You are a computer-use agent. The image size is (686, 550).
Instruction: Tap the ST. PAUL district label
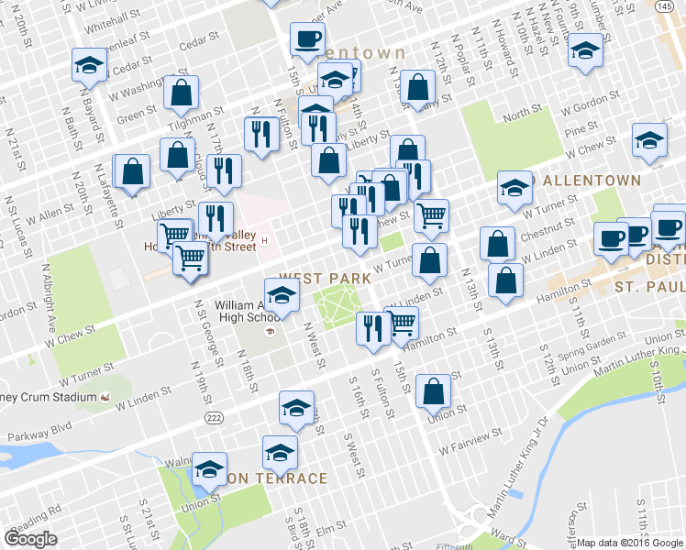click(x=649, y=288)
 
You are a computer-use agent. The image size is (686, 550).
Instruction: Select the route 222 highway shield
click(x=214, y=418)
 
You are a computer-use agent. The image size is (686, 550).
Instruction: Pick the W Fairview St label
click(x=470, y=441)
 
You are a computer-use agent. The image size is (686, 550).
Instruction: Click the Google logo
click(x=30, y=539)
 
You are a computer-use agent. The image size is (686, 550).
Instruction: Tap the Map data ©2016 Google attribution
click(x=631, y=543)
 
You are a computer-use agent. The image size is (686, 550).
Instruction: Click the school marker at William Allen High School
click(x=283, y=294)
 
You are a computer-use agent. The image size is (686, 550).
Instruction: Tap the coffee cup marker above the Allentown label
click(x=306, y=38)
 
